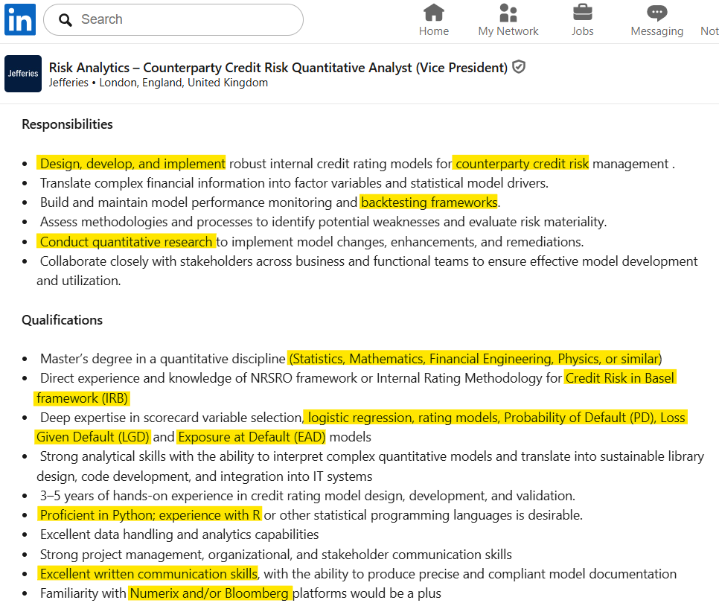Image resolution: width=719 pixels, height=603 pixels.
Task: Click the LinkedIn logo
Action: pyautogui.click(x=20, y=20)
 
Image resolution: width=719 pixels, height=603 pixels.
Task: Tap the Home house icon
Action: pyautogui.click(x=433, y=13)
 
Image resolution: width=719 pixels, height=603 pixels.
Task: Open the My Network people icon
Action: pyautogui.click(x=508, y=13)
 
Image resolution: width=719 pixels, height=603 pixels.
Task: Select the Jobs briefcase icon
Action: pyautogui.click(x=582, y=13)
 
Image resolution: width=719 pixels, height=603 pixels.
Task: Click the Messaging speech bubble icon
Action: pyautogui.click(x=656, y=13)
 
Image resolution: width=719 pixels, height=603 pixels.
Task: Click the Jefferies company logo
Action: pyautogui.click(x=23, y=74)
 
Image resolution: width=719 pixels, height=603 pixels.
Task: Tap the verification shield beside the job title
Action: pyautogui.click(x=520, y=67)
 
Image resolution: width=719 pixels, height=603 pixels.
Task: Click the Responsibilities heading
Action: pyautogui.click(x=67, y=124)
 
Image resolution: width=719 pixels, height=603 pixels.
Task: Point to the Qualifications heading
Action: pyautogui.click(x=62, y=320)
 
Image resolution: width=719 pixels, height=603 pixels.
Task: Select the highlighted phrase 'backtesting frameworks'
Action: pyautogui.click(x=429, y=202)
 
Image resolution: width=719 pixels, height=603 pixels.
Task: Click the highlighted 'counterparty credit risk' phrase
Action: pyautogui.click(x=522, y=164)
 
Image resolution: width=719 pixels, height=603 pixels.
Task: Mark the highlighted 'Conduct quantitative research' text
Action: pyautogui.click(x=127, y=242)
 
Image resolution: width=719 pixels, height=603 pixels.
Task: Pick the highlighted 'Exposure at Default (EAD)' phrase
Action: pyautogui.click(x=252, y=437)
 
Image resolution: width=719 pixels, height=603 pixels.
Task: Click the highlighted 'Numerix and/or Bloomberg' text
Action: pyautogui.click(x=209, y=593)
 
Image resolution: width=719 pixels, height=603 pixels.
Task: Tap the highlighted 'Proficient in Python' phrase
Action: pyautogui.click(x=97, y=515)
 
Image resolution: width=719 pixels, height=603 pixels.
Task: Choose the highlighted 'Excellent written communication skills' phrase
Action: pyautogui.click(x=148, y=574)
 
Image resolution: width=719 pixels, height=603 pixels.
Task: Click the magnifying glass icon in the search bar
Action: pyautogui.click(x=65, y=20)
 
